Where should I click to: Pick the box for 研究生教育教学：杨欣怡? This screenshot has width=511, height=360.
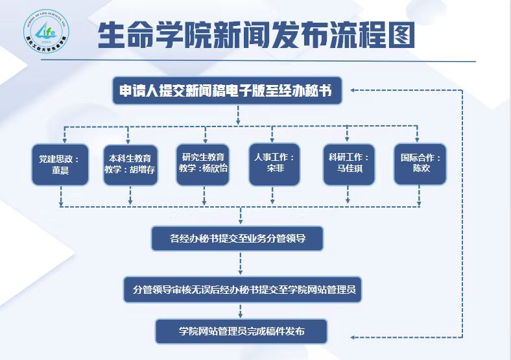coord(204,163)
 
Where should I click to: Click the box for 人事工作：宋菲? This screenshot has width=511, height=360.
coord(275,164)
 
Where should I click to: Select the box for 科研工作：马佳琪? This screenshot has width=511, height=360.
coord(348,164)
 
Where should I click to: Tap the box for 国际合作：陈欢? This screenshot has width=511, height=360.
coord(421,164)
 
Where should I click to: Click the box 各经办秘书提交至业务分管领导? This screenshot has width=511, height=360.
coord(237,239)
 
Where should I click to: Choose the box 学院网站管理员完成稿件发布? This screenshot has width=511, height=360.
coord(241,331)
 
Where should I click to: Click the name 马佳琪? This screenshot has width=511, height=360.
coord(348,169)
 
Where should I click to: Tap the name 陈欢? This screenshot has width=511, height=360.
coord(421,169)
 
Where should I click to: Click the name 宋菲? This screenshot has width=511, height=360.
coord(275,169)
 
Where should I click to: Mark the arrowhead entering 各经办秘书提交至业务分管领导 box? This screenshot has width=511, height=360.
coord(241,221)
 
